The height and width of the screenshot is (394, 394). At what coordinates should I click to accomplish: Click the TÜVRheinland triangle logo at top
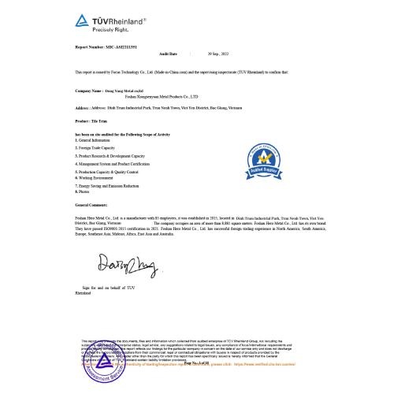click(82, 18)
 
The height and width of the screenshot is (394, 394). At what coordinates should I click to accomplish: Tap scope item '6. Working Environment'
click(98, 178)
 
